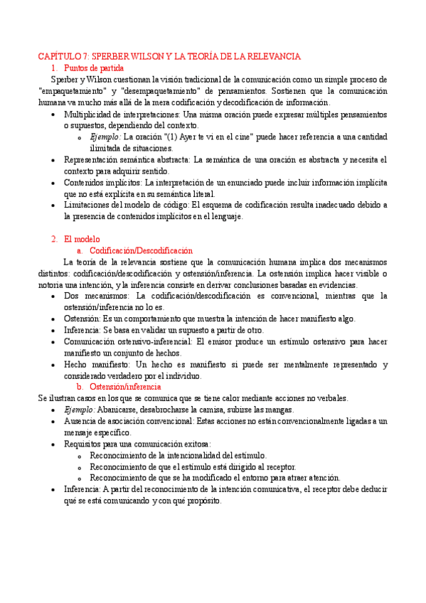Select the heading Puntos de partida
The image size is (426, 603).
click(93, 68)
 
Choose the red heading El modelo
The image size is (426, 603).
click(82, 239)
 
